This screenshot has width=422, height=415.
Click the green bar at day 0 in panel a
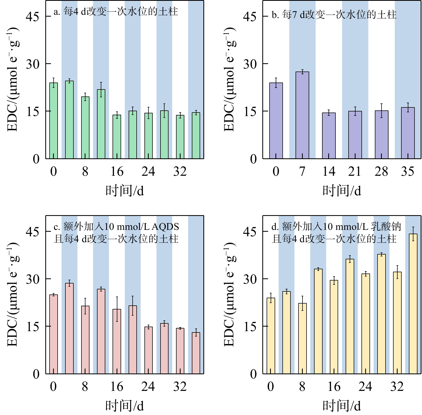(x=54, y=121)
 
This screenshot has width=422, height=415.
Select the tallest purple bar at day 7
(x=302, y=115)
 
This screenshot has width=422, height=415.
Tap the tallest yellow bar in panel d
(x=413, y=304)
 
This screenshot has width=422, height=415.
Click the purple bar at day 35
(x=408, y=133)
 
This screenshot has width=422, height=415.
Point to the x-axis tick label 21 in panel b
(x=355, y=171)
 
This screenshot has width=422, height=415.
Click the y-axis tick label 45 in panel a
(x=32, y=17)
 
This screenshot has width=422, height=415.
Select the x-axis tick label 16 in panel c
(x=117, y=387)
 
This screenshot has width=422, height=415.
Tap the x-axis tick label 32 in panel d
(x=397, y=387)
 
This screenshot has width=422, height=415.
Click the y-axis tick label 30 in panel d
(x=250, y=279)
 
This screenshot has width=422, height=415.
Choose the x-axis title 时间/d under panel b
(x=342, y=191)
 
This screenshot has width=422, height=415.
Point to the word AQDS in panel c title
(x=165, y=227)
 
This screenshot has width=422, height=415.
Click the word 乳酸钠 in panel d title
(x=386, y=227)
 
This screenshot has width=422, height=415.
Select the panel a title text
(x=116, y=12)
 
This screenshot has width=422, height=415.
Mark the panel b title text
(x=334, y=15)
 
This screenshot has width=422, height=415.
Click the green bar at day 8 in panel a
(x=85, y=128)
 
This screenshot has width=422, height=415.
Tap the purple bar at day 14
(x=329, y=136)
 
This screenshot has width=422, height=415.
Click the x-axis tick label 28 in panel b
(x=381, y=171)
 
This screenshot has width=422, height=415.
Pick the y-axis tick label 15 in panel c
(x=32, y=327)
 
